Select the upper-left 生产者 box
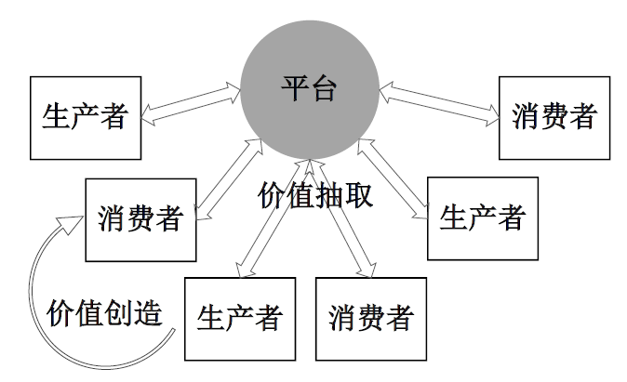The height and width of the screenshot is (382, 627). coord(86,117)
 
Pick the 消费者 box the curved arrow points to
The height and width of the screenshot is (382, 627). coord(140,220)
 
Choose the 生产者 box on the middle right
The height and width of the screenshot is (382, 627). coord(483,218)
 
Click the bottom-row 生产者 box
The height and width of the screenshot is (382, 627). coord(239,318)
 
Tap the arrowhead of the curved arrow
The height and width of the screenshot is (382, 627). coord(71,222)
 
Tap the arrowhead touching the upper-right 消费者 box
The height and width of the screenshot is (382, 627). coord(491,116)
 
